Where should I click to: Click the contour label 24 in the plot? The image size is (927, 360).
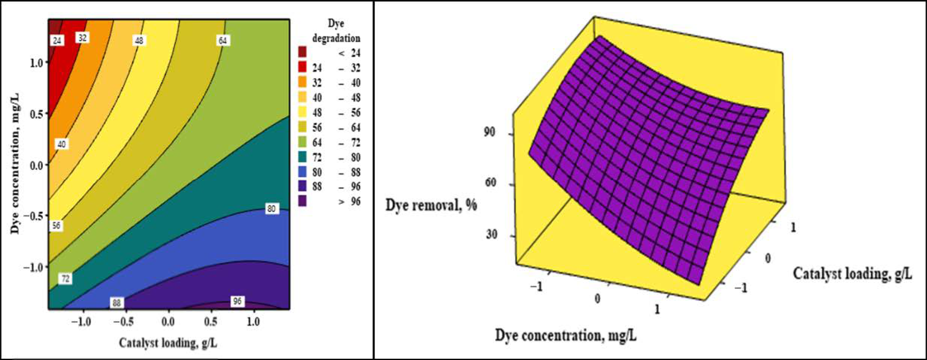click(x=57, y=41)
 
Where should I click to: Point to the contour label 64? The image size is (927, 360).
click(x=223, y=40)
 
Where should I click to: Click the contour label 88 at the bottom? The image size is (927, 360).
click(x=116, y=303)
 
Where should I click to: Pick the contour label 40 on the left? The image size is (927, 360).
click(x=62, y=144)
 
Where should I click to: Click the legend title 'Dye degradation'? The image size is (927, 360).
click(x=336, y=31)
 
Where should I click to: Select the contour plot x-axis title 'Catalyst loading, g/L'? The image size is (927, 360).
click(x=168, y=343)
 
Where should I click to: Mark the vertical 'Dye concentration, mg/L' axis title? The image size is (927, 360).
click(x=15, y=164)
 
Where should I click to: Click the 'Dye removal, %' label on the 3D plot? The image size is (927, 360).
click(x=431, y=205)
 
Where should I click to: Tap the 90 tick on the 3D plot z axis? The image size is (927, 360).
click(x=489, y=132)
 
